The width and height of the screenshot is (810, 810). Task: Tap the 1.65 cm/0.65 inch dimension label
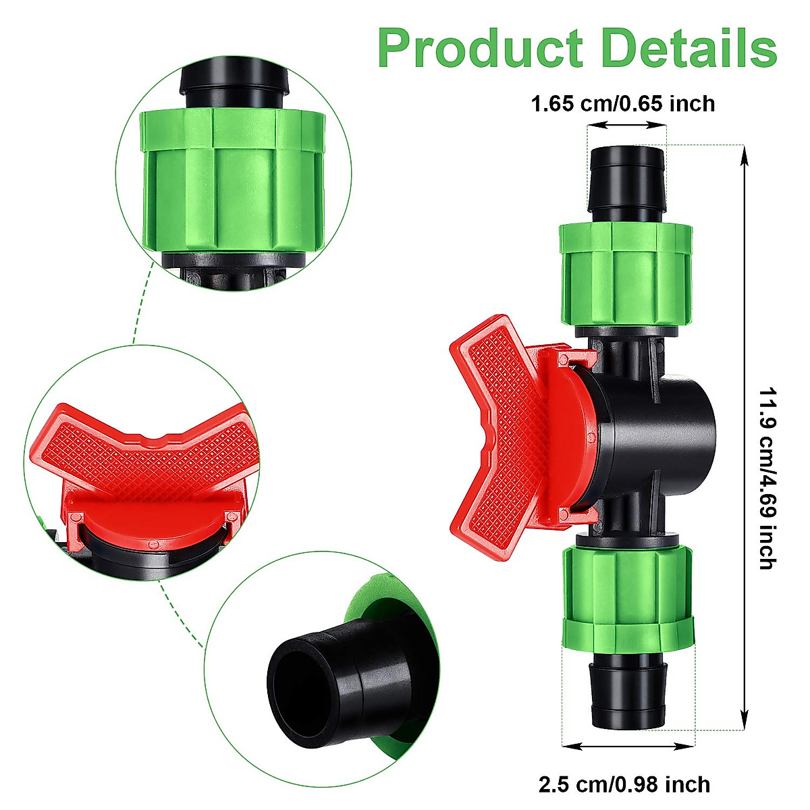point(622,105)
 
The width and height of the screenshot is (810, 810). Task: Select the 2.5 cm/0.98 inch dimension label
point(624,784)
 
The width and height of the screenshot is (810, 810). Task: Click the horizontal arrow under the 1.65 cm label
point(626,125)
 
